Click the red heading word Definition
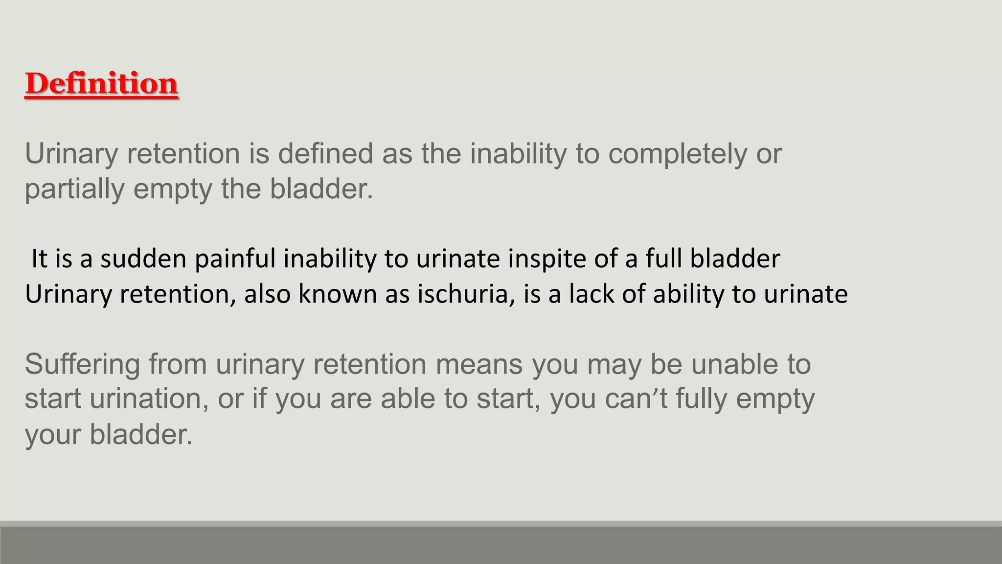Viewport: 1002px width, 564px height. (101, 83)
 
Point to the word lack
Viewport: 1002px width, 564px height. (591, 294)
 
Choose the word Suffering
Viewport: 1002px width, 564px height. (82, 365)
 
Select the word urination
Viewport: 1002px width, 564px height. (146, 399)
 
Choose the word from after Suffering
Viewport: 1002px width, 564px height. (178, 365)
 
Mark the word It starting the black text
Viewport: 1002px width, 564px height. (39, 258)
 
